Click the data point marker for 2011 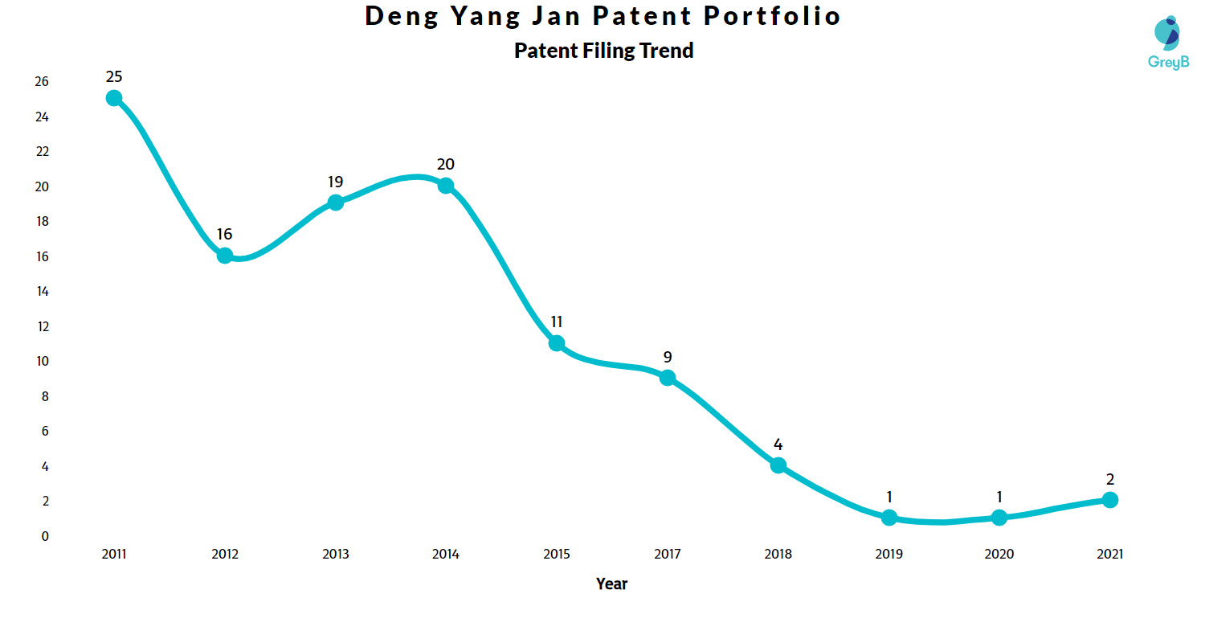114,98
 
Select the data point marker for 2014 446,186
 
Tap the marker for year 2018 778,465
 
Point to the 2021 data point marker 1110,500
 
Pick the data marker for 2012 225,256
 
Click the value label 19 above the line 335,182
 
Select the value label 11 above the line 556,322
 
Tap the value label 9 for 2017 667,357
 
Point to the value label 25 114,77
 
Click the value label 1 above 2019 888,497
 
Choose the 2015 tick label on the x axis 556,554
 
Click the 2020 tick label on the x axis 999,554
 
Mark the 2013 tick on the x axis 335,554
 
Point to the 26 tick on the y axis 41,82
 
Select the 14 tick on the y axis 41,292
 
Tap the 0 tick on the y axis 45,536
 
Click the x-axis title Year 611,584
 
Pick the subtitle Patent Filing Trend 603,51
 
